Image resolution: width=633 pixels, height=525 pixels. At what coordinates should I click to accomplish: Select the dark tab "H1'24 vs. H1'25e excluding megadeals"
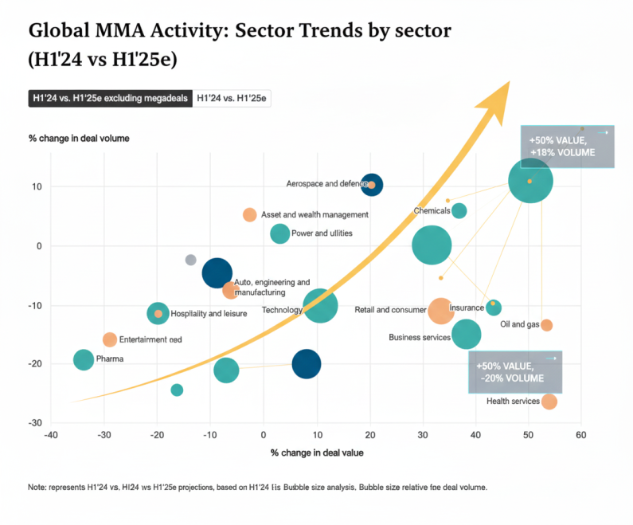pyautogui.click(x=109, y=99)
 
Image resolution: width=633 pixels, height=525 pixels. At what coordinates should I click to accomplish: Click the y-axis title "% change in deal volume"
pyautogui.click(x=79, y=139)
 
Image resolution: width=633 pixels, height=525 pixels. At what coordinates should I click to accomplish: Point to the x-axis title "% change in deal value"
pyautogui.click(x=317, y=453)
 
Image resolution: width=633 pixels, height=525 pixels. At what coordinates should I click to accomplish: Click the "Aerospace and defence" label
pyautogui.click(x=326, y=184)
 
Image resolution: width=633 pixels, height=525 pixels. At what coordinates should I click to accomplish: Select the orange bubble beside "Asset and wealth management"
pyautogui.click(x=249, y=215)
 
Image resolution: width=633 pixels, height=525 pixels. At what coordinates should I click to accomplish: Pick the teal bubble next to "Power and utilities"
pyautogui.click(x=279, y=233)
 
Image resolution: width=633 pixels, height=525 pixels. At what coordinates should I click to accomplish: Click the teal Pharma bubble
pyautogui.click(x=84, y=360)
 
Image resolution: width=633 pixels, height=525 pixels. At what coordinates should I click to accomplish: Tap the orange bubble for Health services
pyautogui.click(x=549, y=402)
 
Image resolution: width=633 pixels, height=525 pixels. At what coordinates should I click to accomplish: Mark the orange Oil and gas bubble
pyautogui.click(x=546, y=325)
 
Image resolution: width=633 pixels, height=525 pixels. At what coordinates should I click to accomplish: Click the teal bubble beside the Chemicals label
pyautogui.click(x=459, y=211)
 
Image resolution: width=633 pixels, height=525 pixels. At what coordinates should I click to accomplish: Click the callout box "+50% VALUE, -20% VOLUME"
pyautogui.click(x=514, y=372)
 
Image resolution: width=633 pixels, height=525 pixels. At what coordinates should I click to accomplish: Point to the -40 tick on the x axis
pyautogui.click(x=51, y=434)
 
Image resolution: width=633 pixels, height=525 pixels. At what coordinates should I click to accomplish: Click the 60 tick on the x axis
pyautogui.click(x=581, y=434)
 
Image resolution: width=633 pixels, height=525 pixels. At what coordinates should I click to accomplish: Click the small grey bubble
pyautogui.click(x=190, y=260)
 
